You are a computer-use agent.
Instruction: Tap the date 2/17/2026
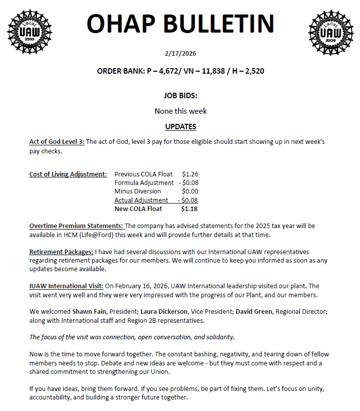pos(180,53)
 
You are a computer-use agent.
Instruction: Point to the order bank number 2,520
pos(252,71)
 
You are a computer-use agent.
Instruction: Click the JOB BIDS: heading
pos(180,95)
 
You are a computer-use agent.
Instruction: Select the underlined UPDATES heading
pos(180,127)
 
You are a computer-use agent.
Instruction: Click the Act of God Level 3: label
pos(57,142)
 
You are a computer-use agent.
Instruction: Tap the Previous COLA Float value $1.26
pos(190,174)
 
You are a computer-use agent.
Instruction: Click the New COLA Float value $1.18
pos(189,209)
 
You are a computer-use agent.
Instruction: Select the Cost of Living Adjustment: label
pos(68,174)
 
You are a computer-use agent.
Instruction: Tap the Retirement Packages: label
pos(61,252)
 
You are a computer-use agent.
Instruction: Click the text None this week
pos(180,111)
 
